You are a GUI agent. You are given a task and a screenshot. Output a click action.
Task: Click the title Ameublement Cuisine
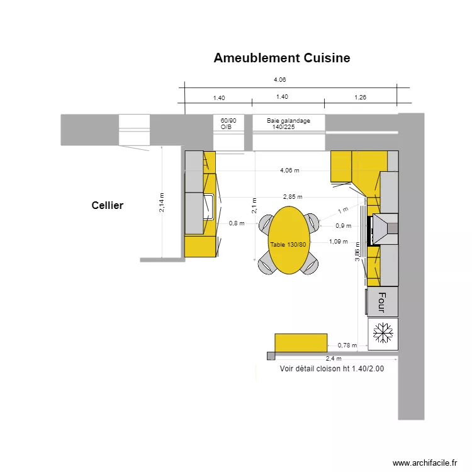pyautogui.click(x=281, y=59)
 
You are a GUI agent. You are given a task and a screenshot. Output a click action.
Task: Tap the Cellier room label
pyautogui.click(x=107, y=205)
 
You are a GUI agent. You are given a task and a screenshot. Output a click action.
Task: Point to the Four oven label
pyautogui.click(x=381, y=302)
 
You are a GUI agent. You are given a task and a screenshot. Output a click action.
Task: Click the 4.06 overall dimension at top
pyautogui.click(x=279, y=80)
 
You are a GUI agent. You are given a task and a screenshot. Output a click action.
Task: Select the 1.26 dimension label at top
pyautogui.click(x=360, y=98)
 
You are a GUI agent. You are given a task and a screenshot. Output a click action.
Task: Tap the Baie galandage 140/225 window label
pyautogui.click(x=288, y=123)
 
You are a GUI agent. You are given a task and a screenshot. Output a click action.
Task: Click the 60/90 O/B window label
pyautogui.click(x=228, y=123)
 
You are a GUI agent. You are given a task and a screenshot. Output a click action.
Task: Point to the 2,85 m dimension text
pyautogui.click(x=292, y=196)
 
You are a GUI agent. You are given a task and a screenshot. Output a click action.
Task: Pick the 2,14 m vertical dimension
pyautogui.click(x=162, y=202)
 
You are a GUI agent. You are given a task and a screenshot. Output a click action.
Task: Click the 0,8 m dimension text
pyautogui.click(x=236, y=223)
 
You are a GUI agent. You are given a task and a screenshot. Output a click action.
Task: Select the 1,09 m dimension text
pyautogui.click(x=338, y=241)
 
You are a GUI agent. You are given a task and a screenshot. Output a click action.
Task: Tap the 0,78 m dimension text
pyautogui.click(x=347, y=345)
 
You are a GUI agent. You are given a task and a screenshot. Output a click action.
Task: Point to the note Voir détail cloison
pyautogui.click(x=332, y=369)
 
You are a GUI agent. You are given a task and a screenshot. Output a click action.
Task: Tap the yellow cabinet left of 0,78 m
pyautogui.click(x=301, y=342)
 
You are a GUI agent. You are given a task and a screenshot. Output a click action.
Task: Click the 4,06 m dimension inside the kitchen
pyautogui.click(x=289, y=170)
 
